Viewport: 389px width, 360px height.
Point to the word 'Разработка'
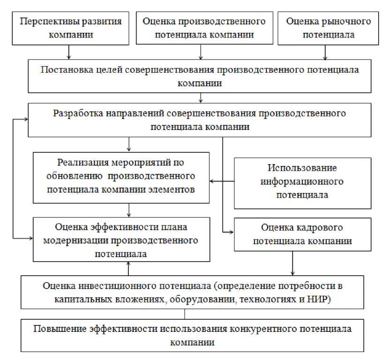76,113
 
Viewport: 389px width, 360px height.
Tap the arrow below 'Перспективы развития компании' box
69,52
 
